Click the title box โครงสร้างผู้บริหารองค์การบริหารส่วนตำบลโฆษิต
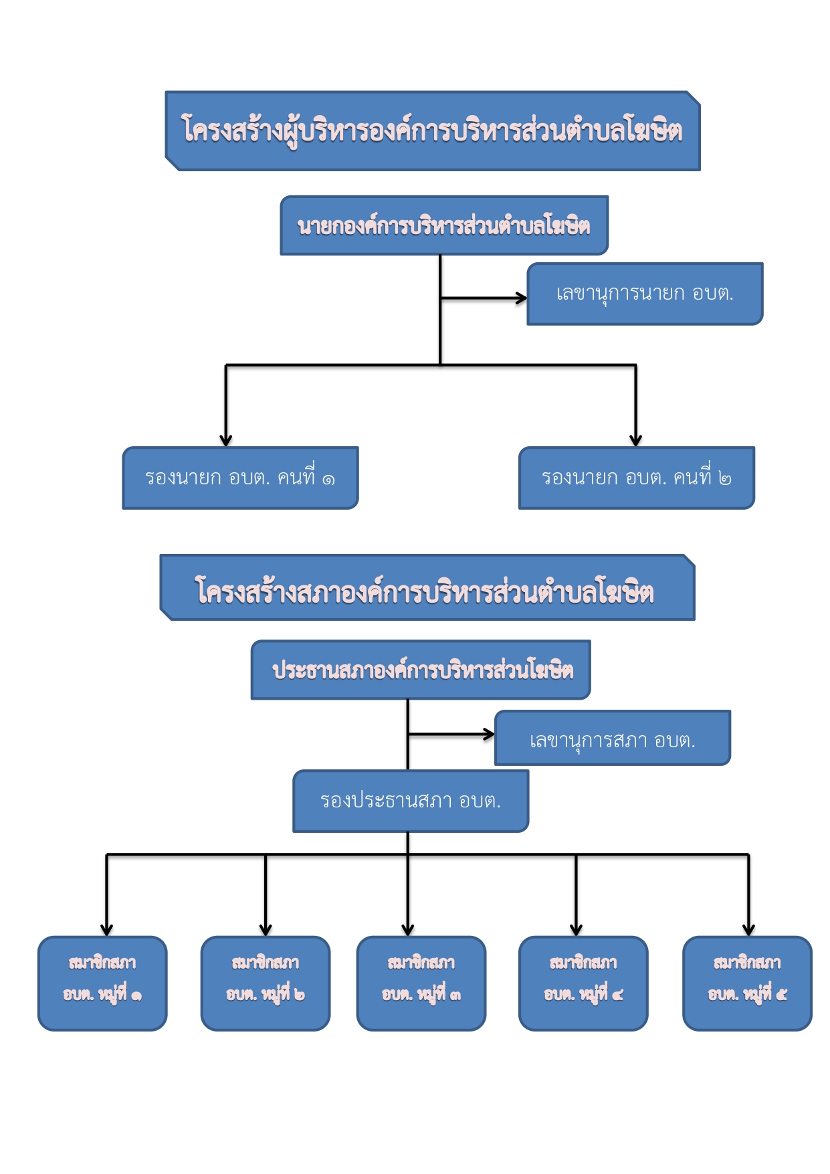coord(432,131)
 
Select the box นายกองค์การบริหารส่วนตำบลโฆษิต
coord(443,226)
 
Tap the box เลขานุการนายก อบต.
coord(645,294)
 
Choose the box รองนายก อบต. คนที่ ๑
coord(240,478)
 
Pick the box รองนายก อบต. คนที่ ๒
coord(636,478)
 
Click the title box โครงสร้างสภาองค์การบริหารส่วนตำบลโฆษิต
coord(427,588)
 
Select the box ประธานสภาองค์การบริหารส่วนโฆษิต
coord(420,670)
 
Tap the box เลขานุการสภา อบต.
coord(612,738)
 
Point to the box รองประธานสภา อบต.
coord(411,801)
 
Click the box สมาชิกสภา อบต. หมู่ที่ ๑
coord(102,983)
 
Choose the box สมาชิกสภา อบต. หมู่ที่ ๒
coord(266,983)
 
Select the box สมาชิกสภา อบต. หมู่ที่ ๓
coord(421,983)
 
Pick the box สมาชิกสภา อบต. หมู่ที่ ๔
coord(583,983)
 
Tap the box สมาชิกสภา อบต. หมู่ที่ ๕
coord(747,983)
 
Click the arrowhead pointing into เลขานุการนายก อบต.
coord(521,298)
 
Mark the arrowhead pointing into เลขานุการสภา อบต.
coord(489,735)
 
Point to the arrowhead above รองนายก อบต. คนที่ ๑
coord(226,440)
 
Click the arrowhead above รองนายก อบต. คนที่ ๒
coord(636,440)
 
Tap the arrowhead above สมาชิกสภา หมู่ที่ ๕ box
coord(748,930)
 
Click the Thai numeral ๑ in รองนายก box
coord(328,480)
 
